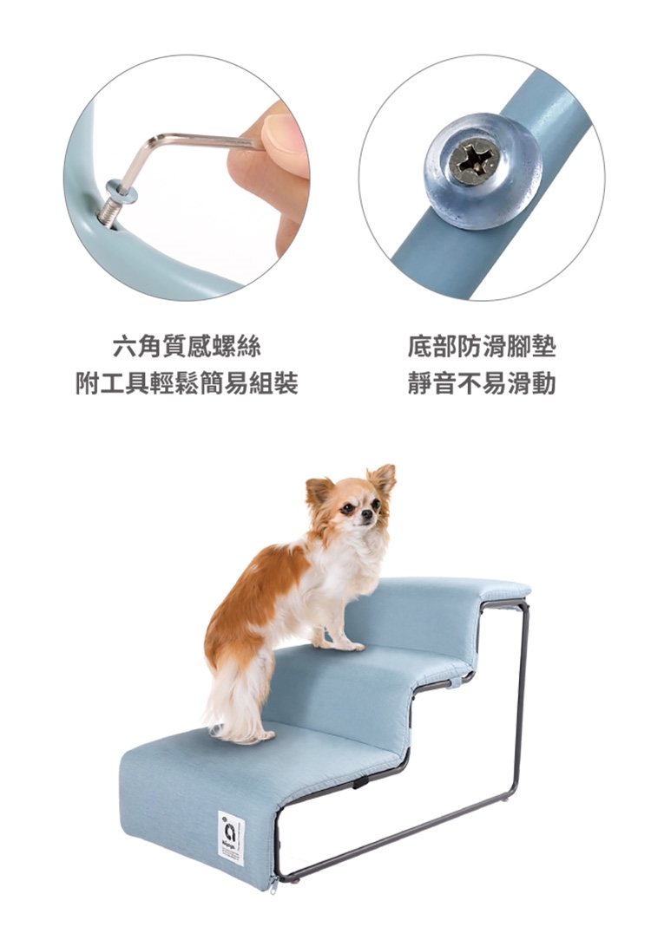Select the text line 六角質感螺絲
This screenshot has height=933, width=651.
pos(187,346)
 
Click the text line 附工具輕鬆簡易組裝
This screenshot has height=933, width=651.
pos(187,383)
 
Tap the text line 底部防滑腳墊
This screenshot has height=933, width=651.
pos(481,346)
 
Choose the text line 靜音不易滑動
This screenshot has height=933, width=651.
pos(481,383)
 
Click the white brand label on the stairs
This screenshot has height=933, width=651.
pos(231,838)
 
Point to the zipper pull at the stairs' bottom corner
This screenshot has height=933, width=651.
pos(273,884)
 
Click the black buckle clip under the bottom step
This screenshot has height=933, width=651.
pos(359,782)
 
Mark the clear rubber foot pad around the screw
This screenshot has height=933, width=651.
pos(483,170)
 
